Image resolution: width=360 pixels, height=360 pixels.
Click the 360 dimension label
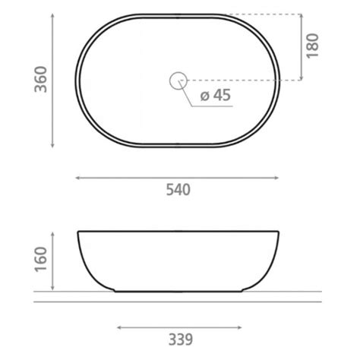(41, 79)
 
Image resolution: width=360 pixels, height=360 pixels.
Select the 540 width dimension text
(178, 190)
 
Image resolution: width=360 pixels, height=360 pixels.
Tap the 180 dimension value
(312, 46)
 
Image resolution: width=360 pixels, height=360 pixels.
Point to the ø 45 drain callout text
(216, 95)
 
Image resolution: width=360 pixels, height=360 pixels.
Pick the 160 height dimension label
(41, 260)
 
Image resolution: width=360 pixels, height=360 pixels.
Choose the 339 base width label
(181, 339)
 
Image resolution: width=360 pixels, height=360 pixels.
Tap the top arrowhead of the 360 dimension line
(52, 14)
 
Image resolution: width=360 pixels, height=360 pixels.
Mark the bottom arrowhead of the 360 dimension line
(52, 146)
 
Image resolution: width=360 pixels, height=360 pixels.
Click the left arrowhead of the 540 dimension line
(77, 178)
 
